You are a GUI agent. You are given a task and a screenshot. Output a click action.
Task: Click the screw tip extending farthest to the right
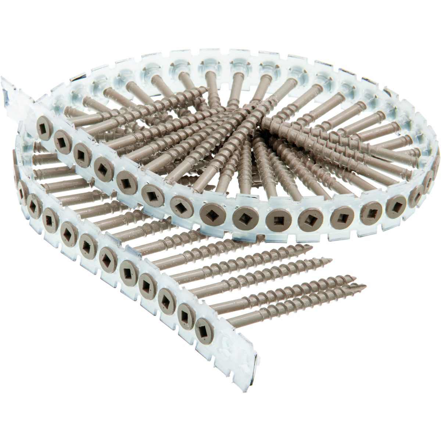click(364, 286)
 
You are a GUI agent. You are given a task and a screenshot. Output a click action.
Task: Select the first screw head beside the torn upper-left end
click(44, 125)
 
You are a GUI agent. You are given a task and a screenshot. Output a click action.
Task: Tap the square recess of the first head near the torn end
click(44, 125)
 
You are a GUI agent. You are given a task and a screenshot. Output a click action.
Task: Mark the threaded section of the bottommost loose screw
click(312, 294)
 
